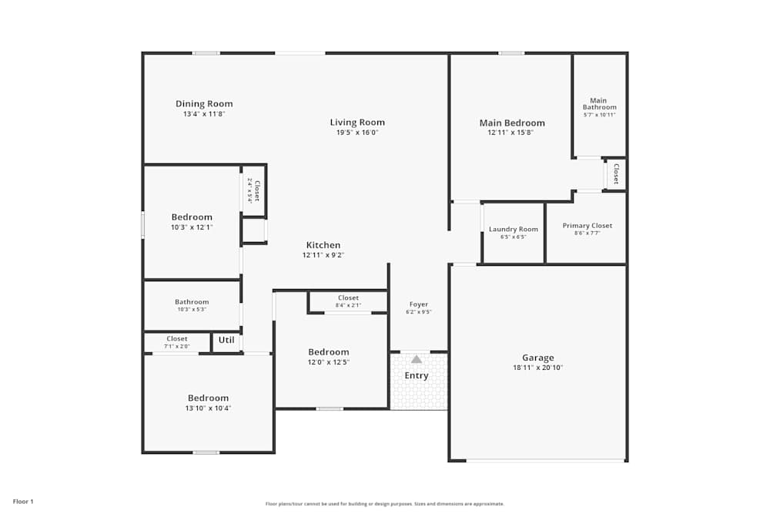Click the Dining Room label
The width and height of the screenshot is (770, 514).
click(204, 104)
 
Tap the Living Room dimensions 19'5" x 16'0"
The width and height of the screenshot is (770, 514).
click(357, 133)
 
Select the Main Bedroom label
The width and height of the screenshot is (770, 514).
click(512, 123)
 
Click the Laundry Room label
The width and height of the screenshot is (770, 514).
click(513, 229)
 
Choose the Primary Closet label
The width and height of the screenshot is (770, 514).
click(587, 226)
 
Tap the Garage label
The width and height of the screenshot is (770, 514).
click(537, 358)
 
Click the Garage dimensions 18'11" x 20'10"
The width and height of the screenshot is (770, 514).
click(537, 368)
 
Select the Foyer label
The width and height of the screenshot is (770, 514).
click(418, 304)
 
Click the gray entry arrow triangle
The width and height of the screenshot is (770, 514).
click(417, 359)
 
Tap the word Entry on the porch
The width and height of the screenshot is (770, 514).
click(417, 376)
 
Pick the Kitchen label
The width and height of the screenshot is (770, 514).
click(323, 245)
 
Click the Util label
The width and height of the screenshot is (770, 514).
click(226, 340)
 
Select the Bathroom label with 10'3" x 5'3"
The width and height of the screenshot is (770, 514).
click(191, 302)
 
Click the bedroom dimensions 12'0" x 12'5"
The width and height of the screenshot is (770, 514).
click(329, 362)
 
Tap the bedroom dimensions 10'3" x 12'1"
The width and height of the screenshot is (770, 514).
click(192, 227)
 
